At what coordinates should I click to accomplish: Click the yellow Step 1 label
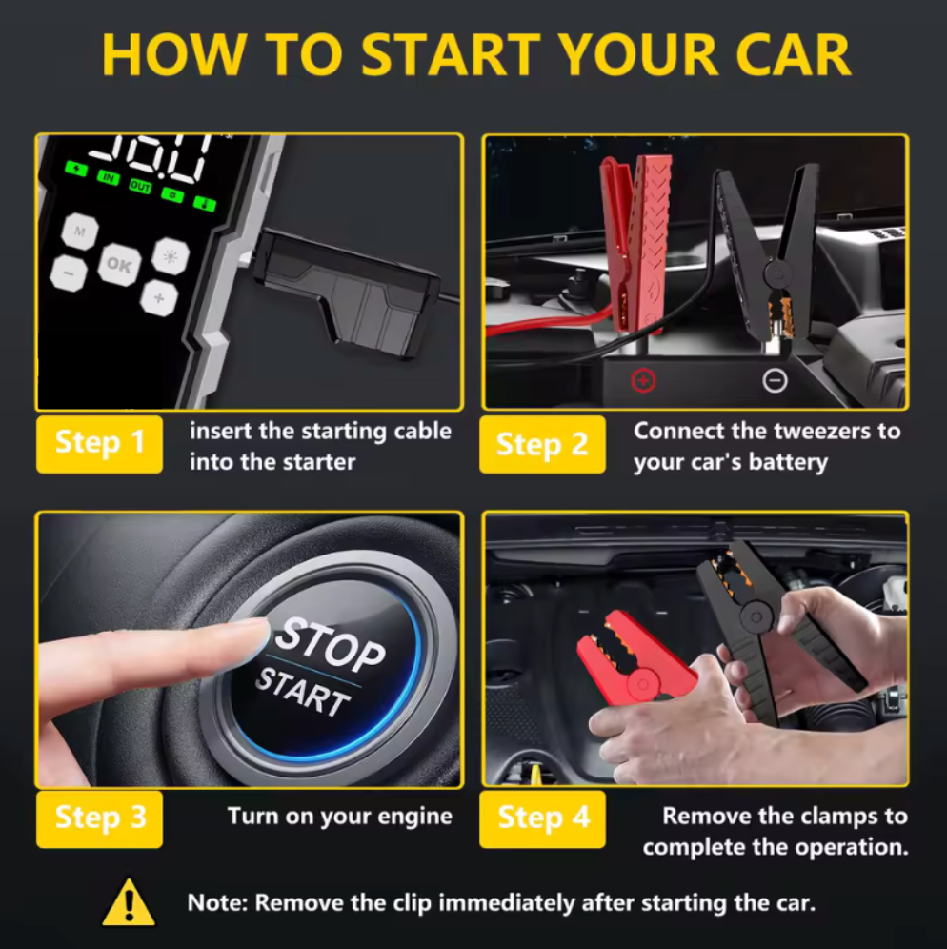99,444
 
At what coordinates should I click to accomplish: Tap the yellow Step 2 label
542,444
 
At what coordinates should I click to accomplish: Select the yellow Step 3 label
99,818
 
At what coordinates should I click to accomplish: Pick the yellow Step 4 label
542,818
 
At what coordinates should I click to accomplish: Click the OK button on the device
119,265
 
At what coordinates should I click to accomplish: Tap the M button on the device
79,231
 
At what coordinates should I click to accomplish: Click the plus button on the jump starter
159,298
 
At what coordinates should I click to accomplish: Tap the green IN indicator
109,177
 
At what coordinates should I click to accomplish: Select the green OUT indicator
140,187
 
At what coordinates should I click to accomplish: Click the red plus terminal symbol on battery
643,380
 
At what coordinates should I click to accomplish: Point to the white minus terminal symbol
776,381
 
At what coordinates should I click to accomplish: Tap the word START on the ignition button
303,693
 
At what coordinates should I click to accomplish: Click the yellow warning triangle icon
129,903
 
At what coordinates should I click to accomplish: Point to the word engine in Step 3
415,818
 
